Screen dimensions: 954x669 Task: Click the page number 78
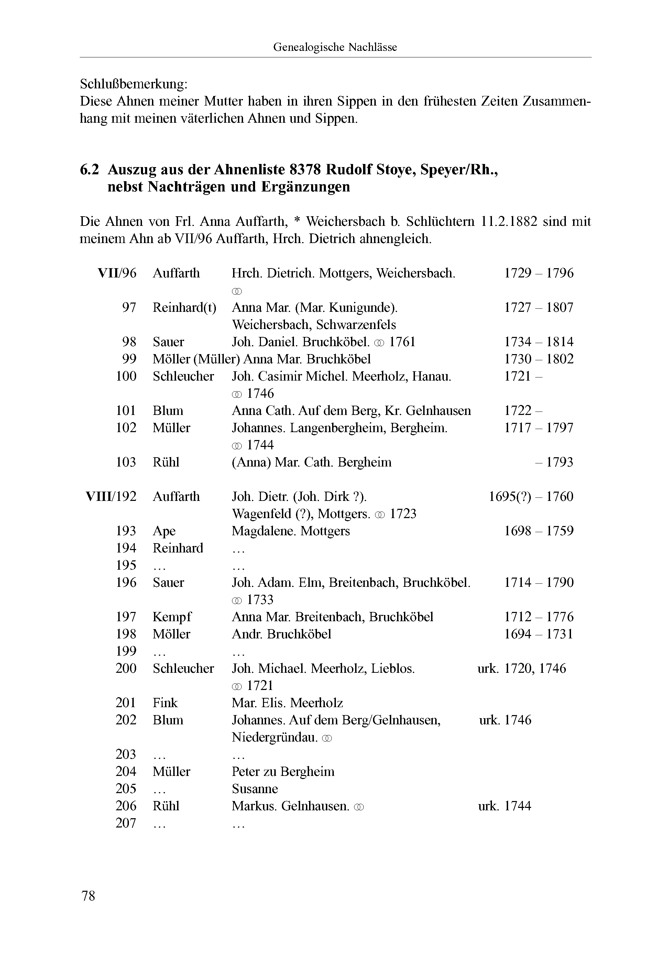pyautogui.click(x=88, y=896)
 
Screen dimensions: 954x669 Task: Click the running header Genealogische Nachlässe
pyautogui.click(x=335, y=47)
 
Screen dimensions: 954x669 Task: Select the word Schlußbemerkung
pyautogui.click(x=133, y=84)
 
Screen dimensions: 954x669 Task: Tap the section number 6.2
pyautogui.click(x=89, y=170)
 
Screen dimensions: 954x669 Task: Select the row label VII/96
pyautogui.click(x=117, y=273)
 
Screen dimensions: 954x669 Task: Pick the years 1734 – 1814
pyautogui.click(x=538, y=342)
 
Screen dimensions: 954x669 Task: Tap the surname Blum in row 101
pyautogui.click(x=168, y=411)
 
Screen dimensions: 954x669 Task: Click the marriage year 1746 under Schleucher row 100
pyautogui.click(x=260, y=394)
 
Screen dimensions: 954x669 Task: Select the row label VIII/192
pyautogui.click(x=111, y=496)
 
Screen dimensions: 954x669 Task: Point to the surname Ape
pyautogui.click(x=164, y=531)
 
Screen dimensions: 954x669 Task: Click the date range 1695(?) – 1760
pyautogui.click(x=531, y=496)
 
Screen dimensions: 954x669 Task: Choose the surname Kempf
pyautogui.click(x=172, y=617)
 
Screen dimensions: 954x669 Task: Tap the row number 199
pyautogui.click(x=126, y=651)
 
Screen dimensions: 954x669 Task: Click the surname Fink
pyautogui.click(x=165, y=703)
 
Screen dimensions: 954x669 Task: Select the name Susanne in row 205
pyautogui.click(x=255, y=789)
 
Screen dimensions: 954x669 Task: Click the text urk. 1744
pyautogui.click(x=504, y=806)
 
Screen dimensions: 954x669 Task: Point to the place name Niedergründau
pyautogui.click(x=275, y=737)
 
